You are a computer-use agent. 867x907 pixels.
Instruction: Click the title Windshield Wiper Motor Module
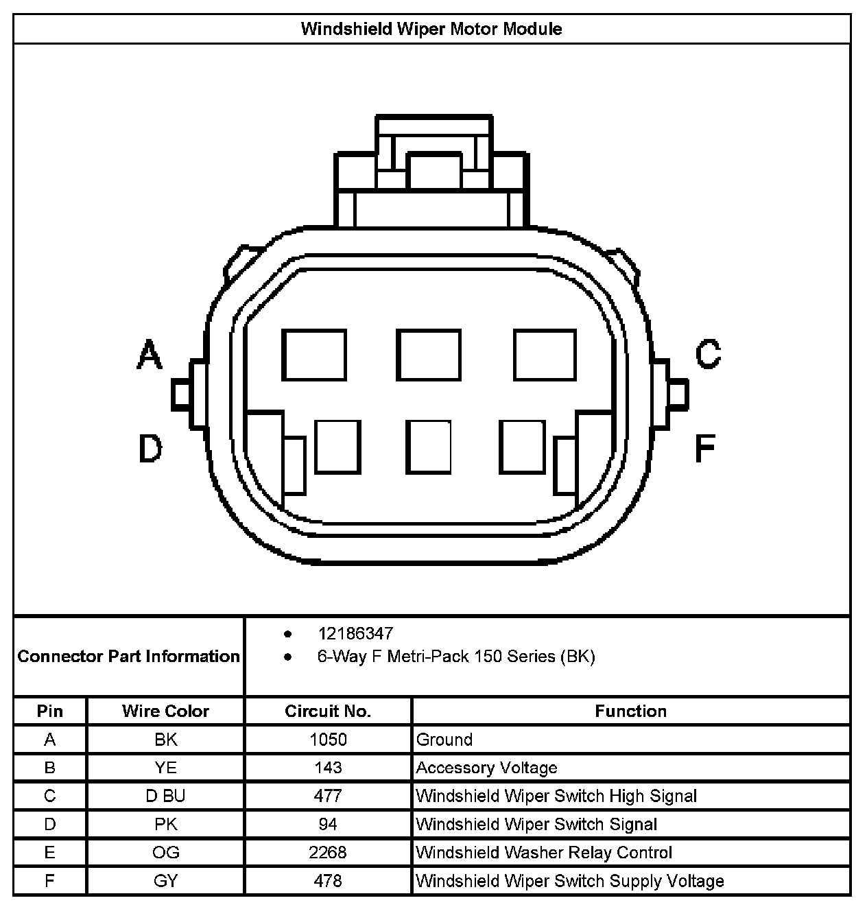click(x=431, y=29)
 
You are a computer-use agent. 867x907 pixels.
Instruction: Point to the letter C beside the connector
click(x=708, y=354)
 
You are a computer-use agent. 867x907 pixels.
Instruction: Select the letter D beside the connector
click(x=150, y=449)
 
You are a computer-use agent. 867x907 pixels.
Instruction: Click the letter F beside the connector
click(x=705, y=448)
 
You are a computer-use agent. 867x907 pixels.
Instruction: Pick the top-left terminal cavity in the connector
click(x=314, y=355)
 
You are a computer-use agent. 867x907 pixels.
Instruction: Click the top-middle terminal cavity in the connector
click(x=429, y=355)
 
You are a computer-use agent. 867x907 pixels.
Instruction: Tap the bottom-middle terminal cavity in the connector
click(x=429, y=447)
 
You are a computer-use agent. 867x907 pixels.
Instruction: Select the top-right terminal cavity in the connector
click(x=545, y=355)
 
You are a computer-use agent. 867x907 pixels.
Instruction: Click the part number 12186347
click(x=355, y=633)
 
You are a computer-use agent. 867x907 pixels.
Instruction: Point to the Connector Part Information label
click(x=129, y=657)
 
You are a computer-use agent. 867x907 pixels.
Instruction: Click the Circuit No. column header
click(x=328, y=711)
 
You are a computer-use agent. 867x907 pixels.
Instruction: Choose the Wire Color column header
click(x=165, y=711)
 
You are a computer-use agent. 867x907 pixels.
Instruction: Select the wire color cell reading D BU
click(x=165, y=796)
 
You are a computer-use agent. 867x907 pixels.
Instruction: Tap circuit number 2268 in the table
click(x=328, y=852)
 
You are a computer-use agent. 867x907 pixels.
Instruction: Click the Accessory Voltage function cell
click(x=486, y=768)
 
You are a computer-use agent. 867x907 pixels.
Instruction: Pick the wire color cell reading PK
click(x=165, y=824)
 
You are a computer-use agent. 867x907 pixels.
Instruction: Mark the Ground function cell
click(x=444, y=740)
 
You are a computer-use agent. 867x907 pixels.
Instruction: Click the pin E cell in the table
click(x=49, y=852)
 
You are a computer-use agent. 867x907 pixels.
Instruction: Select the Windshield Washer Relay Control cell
click(x=544, y=852)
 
